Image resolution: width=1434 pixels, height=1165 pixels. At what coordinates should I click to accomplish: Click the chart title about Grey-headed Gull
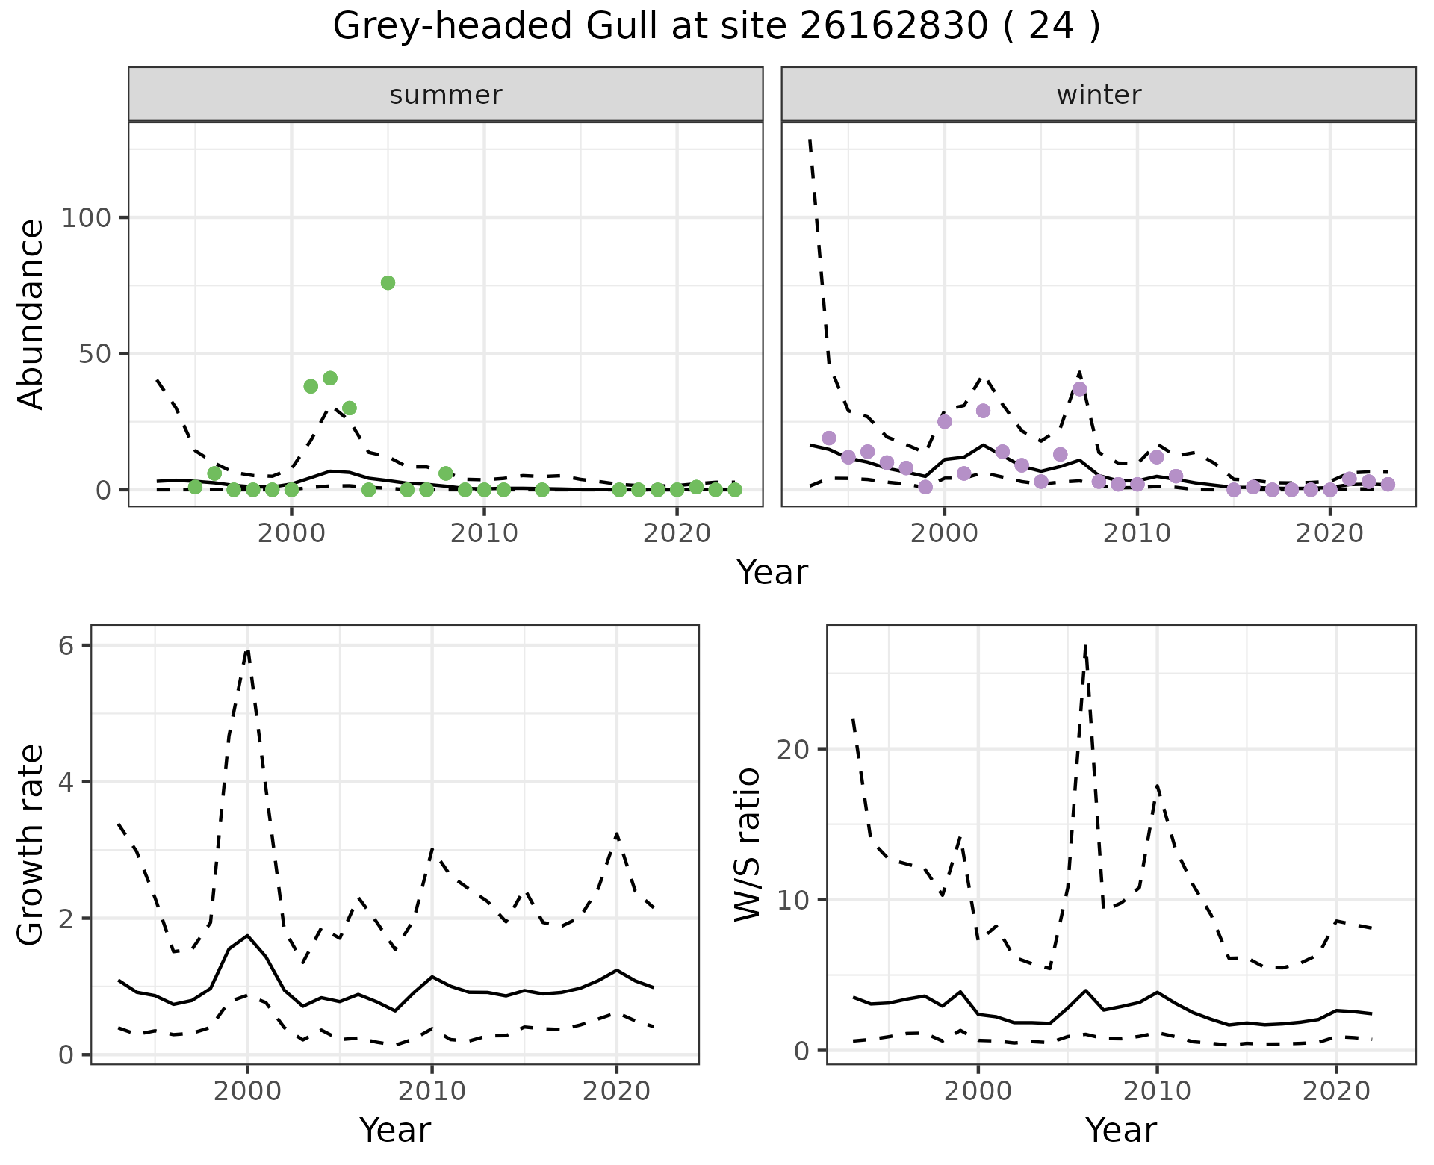tap(716, 27)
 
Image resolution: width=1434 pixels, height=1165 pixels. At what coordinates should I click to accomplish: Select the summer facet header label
tap(446, 95)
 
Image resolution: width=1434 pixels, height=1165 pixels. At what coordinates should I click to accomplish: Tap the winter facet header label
tap(1099, 95)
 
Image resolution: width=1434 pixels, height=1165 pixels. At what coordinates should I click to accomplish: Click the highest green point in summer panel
tap(388, 282)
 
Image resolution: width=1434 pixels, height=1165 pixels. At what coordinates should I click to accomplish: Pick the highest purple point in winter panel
tap(1079, 389)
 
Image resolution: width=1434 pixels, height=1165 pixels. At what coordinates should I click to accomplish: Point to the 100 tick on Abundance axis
tap(86, 218)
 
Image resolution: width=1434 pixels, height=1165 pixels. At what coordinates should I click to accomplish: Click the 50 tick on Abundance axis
tap(95, 354)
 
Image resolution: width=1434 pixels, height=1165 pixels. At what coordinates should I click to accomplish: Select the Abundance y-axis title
tap(31, 314)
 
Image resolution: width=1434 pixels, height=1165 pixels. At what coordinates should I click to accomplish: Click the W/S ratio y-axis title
tap(748, 844)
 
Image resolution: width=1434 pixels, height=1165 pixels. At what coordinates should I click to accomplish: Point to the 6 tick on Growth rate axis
tap(66, 646)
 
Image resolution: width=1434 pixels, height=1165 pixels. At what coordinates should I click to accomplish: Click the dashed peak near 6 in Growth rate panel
tap(247, 650)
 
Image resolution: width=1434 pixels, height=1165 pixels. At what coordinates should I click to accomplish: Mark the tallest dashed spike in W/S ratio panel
tap(1085, 647)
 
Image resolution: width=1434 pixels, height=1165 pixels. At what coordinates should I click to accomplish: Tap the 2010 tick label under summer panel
tap(484, 534)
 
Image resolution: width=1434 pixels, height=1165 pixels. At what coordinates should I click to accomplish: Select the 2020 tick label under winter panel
tap(1329, 534)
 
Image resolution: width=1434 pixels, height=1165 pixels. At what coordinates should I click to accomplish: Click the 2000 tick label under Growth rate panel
tap(247, 1091)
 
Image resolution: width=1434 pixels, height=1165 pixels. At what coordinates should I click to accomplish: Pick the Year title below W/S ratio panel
tap(1121, 1130)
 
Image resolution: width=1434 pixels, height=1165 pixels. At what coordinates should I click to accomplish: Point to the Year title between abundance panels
tap(772, 573)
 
